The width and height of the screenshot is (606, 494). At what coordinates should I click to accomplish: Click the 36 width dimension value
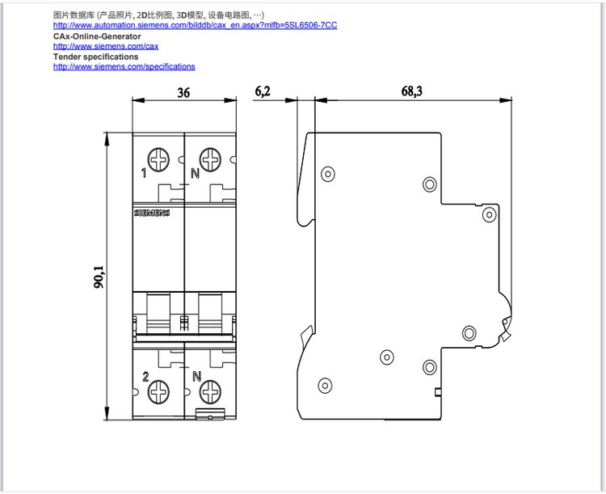(183, 93)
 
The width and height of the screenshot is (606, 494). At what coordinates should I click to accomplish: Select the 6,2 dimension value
(263, 91)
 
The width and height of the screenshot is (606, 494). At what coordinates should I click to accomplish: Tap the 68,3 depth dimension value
(412, 91)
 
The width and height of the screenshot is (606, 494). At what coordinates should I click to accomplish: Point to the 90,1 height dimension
(99, 277)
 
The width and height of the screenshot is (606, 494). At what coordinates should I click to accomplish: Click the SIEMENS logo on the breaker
(152, 213)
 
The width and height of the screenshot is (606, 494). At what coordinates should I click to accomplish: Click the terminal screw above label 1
(158, 159)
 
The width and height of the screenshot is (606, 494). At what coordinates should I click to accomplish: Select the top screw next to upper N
(210, 159)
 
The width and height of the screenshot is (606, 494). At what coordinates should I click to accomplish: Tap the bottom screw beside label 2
(158, 391)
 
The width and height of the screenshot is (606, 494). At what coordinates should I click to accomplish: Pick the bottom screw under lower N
(210, 391)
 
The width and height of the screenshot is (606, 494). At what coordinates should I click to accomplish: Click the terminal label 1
(144, 173)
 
